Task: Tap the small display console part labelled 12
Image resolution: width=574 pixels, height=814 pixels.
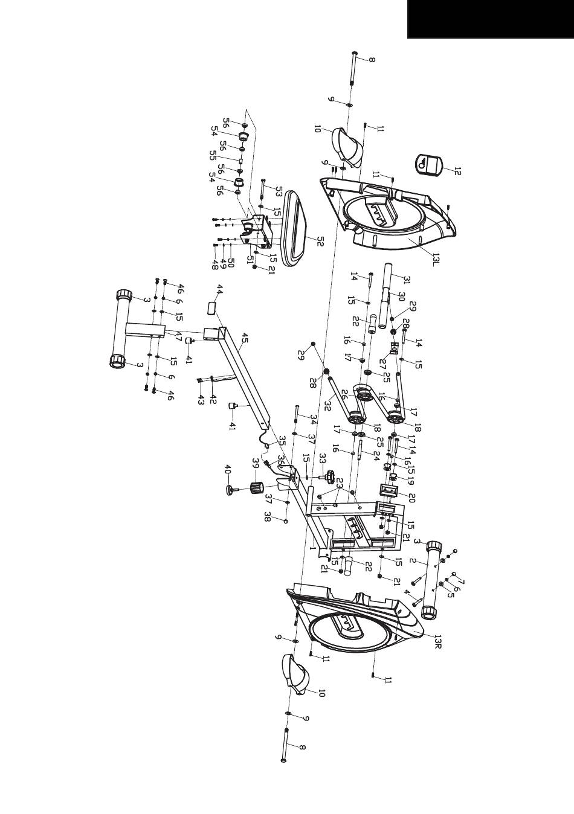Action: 429,164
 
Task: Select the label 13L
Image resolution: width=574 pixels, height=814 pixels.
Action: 437,260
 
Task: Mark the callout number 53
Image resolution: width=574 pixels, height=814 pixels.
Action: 278,191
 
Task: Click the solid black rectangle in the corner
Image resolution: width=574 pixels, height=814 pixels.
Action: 491,19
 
